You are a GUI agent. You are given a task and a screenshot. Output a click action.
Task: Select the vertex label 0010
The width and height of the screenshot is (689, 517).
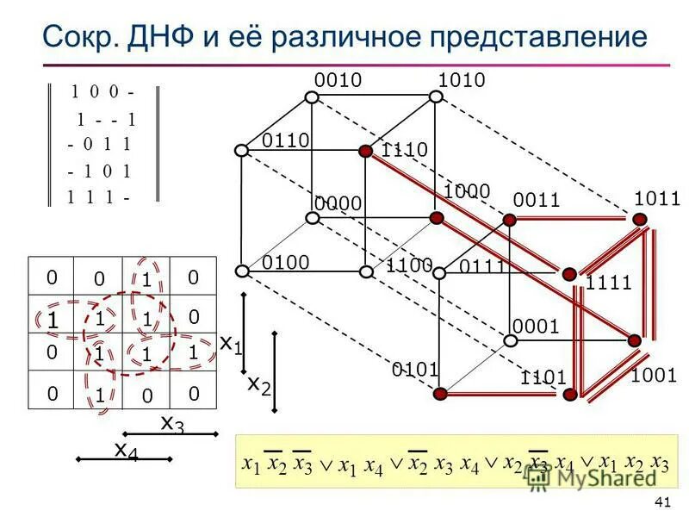tap(337, 80)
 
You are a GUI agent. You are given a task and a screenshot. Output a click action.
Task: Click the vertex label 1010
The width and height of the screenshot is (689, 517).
tap(462, 80)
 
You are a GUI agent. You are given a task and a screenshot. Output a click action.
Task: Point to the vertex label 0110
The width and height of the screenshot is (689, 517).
tap(286, 140)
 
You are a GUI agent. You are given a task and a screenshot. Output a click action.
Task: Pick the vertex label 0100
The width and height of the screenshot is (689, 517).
tap(286, 261)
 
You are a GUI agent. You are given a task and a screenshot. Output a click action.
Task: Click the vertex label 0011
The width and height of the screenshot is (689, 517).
tap(537, 201)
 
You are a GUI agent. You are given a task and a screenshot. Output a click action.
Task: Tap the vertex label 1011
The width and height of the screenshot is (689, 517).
tap(657, 199)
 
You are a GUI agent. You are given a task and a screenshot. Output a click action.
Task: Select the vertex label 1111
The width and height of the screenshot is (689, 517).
tap(609, 283)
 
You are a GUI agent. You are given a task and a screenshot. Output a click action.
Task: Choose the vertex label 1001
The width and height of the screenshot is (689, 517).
tap(654, 375)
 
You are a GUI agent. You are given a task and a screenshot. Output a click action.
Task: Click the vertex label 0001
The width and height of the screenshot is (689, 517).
tap(537, 326)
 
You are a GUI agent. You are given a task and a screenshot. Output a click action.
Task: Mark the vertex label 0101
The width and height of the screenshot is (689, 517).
tap(416, 371)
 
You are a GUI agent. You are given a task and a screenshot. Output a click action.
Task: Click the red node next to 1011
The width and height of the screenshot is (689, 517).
tap(638, 219)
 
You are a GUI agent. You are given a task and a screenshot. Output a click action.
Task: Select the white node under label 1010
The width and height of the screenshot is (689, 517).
tap(437, 97)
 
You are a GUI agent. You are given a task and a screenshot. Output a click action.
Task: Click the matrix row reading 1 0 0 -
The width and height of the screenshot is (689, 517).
tap(102, 91)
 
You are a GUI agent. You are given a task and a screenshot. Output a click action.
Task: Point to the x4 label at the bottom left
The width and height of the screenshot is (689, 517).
tap(126, 450)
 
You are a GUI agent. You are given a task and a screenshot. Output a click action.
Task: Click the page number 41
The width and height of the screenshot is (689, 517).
tap(662, 503)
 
